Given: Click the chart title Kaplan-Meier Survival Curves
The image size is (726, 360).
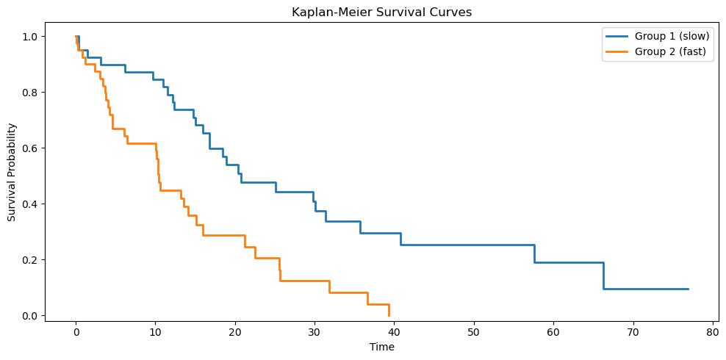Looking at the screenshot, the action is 381,12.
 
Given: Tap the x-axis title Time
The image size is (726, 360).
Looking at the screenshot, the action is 381,347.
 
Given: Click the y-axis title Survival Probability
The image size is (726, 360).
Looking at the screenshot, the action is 12,172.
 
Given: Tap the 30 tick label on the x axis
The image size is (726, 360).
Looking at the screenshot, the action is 315,332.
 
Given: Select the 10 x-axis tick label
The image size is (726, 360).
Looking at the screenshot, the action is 156,332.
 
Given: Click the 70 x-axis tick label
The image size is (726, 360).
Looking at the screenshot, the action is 633,332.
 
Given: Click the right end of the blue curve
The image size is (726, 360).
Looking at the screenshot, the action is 689,289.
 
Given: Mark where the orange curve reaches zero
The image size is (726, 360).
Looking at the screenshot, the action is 389,316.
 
